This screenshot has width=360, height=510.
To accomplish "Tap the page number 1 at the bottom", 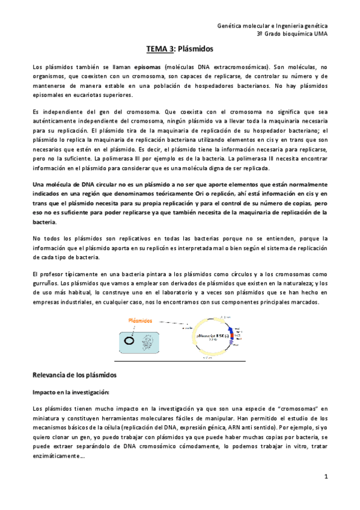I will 325,477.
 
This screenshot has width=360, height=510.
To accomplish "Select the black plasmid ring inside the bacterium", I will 130,340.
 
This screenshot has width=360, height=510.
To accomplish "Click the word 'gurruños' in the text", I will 46,283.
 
